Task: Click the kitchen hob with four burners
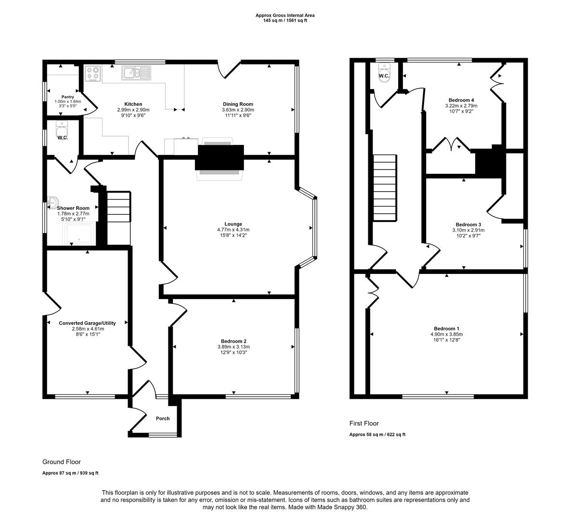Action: click(x=93, y=73)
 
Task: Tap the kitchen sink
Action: click(x=137, y=73)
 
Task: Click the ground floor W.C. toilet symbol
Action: click(x=62, y=129)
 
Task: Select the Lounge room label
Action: click(x=233, y=224)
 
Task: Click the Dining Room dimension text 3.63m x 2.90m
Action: click(x=238, y=110)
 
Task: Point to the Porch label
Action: click(x=163, y=418)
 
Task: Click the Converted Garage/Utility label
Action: click(x=87, y=323)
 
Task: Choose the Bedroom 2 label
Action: click(x=233, y=341)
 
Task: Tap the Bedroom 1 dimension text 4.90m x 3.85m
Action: click(x=446, y=334)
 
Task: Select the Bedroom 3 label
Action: click(x=468, y=224)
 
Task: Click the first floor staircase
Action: click(x=385, y=187)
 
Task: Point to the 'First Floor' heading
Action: click(x=364, y=424)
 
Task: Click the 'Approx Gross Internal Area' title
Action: click(x=285, y=15)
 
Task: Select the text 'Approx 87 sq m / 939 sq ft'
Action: click(x=70, y=473)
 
